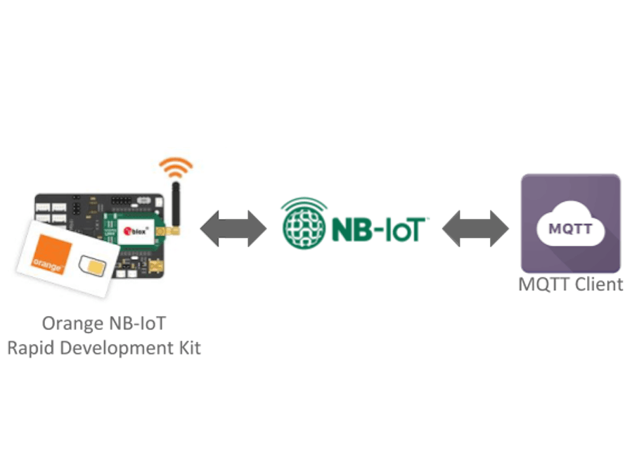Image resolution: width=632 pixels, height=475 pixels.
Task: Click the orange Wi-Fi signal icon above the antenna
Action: click(x=175, y=167)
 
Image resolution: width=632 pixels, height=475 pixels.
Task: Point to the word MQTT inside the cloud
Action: click(x=570, y=230)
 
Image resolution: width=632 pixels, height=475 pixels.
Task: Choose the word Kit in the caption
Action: click(x=188, y=348)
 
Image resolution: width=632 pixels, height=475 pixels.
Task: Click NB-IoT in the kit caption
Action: click(x=138, y=324)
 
